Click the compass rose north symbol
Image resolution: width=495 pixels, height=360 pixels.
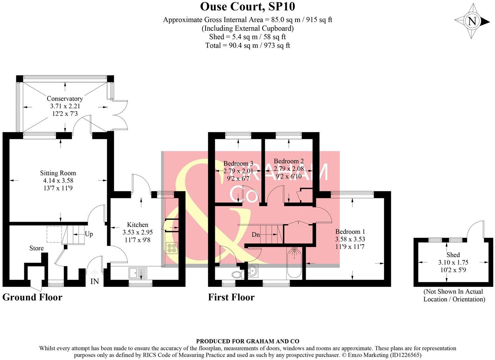472,21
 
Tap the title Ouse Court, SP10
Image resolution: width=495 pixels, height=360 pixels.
247,6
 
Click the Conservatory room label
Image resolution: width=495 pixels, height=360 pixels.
65,98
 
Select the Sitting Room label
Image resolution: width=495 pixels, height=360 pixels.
58,173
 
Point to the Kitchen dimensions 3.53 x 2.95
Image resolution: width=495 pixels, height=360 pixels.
138,232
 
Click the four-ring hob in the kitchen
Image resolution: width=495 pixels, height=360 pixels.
171,248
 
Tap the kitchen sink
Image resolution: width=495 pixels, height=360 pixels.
138,271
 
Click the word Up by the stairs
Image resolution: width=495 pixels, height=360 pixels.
89,234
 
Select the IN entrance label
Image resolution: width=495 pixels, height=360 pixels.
94,281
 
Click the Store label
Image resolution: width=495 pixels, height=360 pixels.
36,248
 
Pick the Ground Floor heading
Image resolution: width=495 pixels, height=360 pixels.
32,297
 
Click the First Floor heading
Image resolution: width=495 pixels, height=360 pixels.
231,297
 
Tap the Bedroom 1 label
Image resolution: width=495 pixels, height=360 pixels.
350,232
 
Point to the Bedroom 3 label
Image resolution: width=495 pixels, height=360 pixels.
238,163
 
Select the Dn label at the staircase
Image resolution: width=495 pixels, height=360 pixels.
256,234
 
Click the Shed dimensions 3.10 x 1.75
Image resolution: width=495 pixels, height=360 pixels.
453,262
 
